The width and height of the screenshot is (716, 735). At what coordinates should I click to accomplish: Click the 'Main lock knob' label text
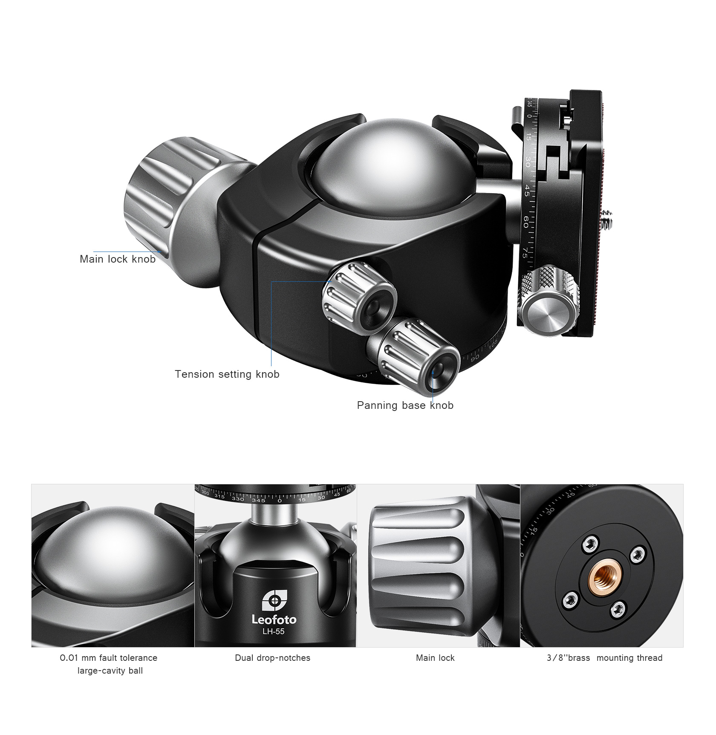[118, 259]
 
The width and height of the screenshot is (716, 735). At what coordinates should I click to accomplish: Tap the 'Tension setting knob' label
[227, 374]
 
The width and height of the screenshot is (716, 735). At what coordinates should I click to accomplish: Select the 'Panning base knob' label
[405, 405]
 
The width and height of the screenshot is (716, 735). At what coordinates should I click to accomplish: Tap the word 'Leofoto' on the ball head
[274, 619]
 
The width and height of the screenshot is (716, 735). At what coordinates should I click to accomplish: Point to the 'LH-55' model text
[274, 631]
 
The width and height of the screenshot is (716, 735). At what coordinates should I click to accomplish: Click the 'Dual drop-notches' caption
[273, 658]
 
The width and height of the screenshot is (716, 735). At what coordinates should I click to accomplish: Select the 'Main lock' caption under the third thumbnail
[435, 658]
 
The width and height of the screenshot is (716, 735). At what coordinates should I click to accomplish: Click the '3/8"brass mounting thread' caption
[604, 658]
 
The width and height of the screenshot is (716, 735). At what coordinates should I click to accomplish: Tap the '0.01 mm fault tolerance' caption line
[109, 658]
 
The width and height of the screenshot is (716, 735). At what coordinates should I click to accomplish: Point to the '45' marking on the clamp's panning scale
[527, 191]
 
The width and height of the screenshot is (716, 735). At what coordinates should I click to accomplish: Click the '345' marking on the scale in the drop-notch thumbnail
[258, 500]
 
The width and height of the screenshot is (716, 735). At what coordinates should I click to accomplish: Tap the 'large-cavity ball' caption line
[110, 671]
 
